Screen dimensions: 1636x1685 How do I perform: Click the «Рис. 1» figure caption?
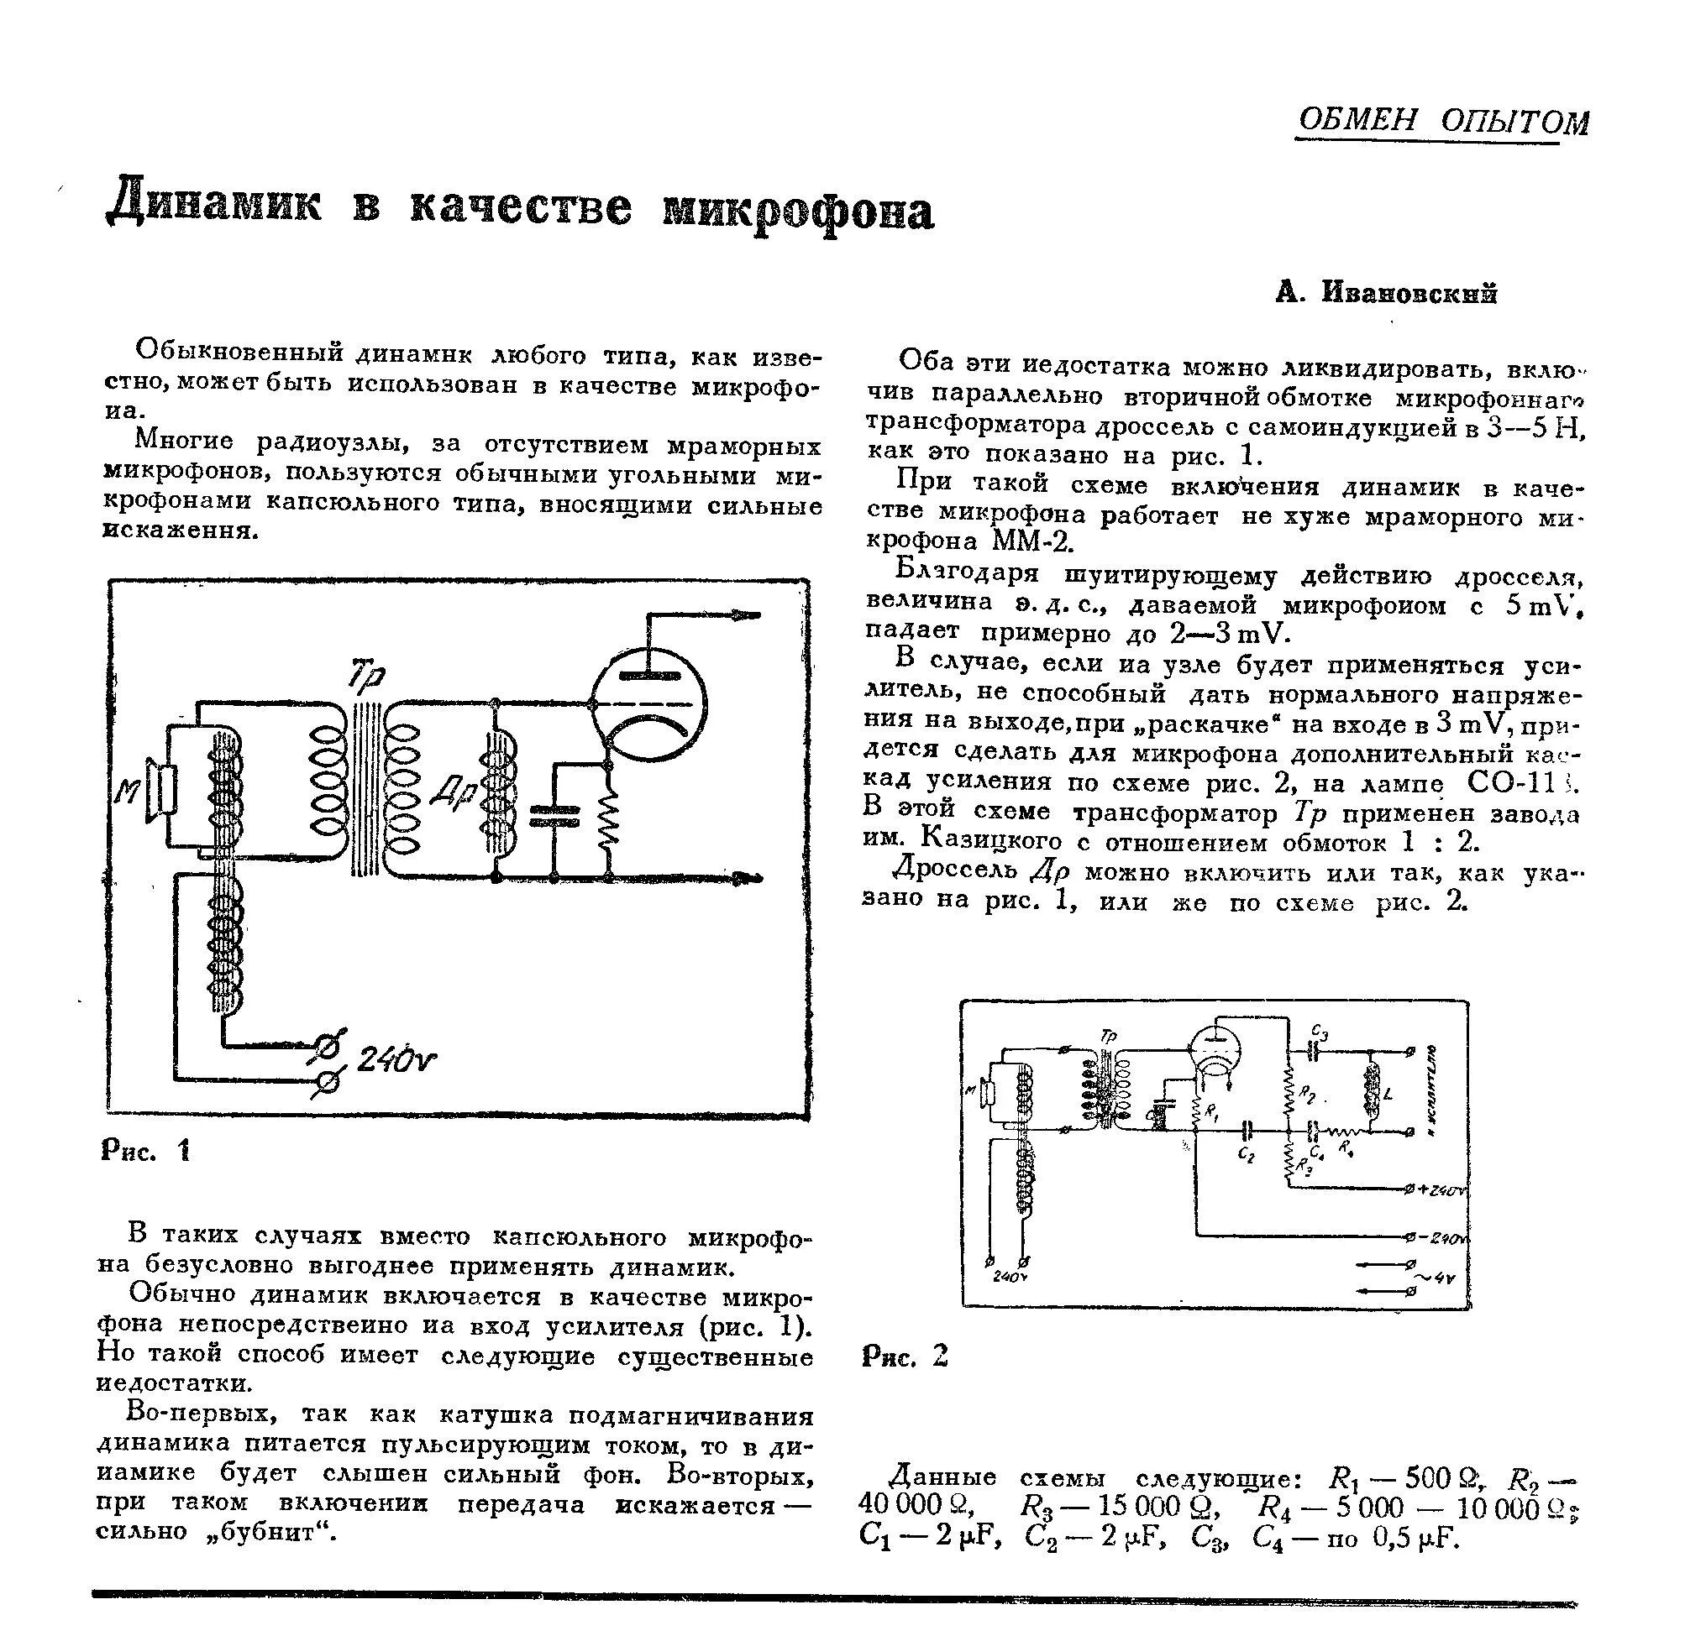146,1151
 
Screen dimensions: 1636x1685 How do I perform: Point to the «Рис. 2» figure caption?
905,1356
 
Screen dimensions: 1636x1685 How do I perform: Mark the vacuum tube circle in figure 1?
649,704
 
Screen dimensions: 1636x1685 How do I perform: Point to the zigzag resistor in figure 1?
608,820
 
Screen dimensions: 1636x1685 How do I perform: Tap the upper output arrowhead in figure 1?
747,615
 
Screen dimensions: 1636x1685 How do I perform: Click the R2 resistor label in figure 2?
1308,1095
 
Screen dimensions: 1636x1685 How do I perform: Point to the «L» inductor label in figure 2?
1388,1095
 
